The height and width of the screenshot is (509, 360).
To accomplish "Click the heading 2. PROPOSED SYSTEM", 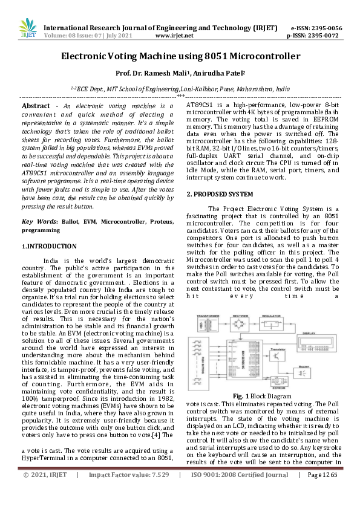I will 220,194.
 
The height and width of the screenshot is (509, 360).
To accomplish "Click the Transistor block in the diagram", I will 278,357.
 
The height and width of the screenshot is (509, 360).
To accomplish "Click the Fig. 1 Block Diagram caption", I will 261,396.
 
